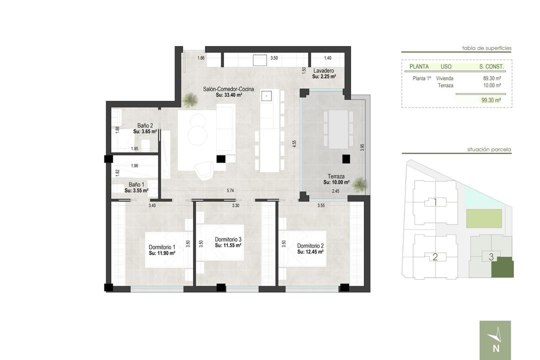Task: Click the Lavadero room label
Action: point(323,71)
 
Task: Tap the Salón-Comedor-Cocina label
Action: point(228,89)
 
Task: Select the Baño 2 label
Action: point(145,125)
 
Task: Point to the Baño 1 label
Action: point(136,184)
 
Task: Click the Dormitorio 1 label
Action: point(162,247)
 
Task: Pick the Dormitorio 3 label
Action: point(228,239)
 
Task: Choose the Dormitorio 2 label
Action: point(310,246)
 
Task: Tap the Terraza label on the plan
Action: point(336,176)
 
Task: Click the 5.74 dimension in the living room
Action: point(230,190)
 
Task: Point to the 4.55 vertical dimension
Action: point(294,144)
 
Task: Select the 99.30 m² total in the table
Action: point(491,100)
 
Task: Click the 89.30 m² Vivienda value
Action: point(492,78)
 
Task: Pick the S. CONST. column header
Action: point(491,66)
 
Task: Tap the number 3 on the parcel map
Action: point(491,256)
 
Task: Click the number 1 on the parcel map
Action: point(435,202)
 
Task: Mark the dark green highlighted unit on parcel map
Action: point(502,267)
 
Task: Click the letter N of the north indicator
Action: point(496,348)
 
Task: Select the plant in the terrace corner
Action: point(358,184)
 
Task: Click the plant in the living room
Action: point(189,100)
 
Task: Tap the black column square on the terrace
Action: point(346,159)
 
